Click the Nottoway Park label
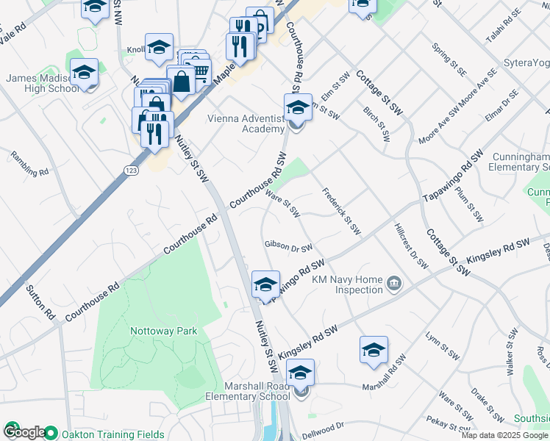pyautogui.click(x=164, y=331)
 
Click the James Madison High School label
pyautogui.click(x=42, y=83)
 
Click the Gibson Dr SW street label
pyautogui.click(x=289, y=247)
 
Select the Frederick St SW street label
pyautogui.click(x=342, y=211)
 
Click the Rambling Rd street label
pyautogui.click(x=29, y=163)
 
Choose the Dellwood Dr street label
pyautogui.click(x=322, y=427)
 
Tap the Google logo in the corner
pyautogui.click(x=24, y=432)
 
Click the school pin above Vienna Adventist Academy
pyautogui.click(x=298, y=107)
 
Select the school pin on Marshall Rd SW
pyautogui.click(x=374, y=350)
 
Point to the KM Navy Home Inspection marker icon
pyautogui.click(x=394, y=284)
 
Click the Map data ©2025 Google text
pyautogui.click(x=504, y=435)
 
